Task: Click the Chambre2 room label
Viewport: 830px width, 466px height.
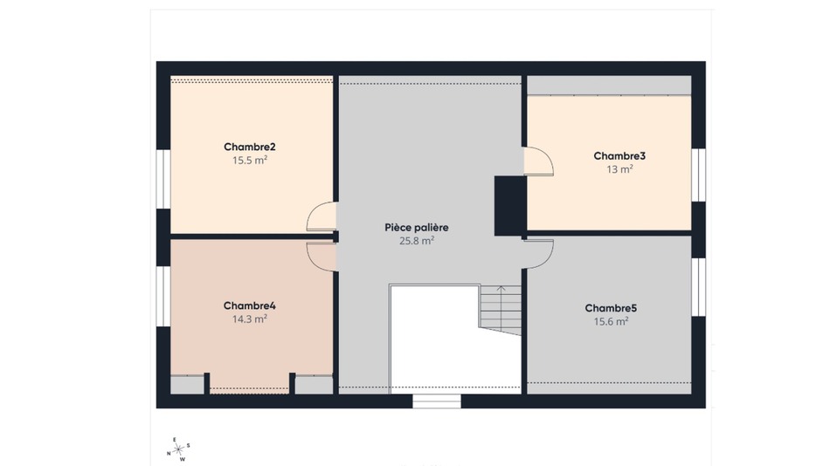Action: [x=249, y=147]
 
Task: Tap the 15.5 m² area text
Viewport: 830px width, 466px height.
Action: [x=249, y=161]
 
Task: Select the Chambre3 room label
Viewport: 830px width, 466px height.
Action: [x=619, y=156]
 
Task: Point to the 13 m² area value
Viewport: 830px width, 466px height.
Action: [x=619, y=169]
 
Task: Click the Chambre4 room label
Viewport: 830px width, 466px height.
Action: [x=249, y=305]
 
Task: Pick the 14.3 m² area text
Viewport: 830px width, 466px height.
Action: [x=249, y=319]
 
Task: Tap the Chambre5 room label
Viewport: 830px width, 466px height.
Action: [x=611, y=308]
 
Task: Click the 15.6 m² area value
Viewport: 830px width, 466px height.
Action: [x=611, y=321]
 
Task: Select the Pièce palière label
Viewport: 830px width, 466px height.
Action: [x=417, y=228]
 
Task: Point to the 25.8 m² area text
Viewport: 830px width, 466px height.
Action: [x=417, y=241]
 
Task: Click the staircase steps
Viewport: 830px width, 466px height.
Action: [x=501, y=310]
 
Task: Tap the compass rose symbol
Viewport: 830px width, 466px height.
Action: [x=178, y=449]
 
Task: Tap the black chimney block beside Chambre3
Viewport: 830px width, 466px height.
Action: [x=510, y=206]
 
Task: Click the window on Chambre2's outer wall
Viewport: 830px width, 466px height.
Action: [x=163, y=179]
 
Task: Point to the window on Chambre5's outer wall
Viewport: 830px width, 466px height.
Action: [x=699, y=287]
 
